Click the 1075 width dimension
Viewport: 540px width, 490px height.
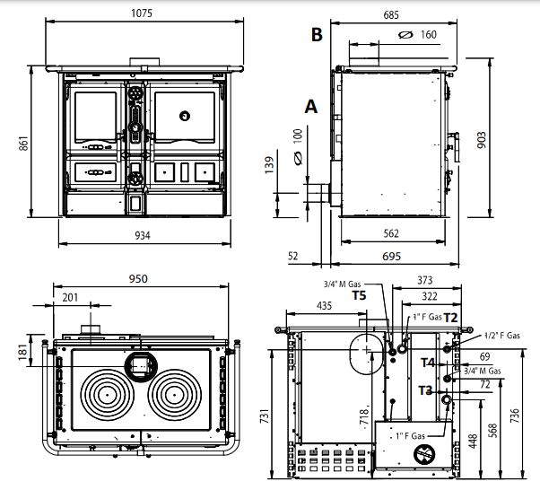pos(142,13)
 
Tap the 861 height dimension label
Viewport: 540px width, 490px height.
pos(23,144)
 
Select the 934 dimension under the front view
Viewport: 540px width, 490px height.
pos(143,236)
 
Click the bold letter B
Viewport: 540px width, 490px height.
pos(317,34)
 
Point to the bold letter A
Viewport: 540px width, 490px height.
pos(311,107)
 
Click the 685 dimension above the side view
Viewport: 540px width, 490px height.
pos(391,15)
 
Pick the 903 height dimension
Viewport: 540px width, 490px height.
pos(482,140)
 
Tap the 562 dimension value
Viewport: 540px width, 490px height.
pos(391,233)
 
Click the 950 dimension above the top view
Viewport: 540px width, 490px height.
pos(138,279)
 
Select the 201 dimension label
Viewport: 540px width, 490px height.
pos(70,297)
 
